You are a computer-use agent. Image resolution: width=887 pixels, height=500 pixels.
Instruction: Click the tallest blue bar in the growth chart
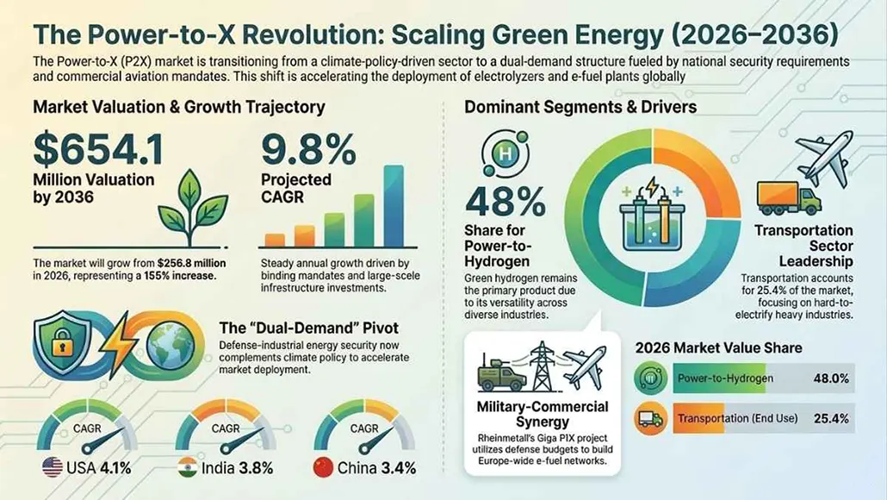click(394, 206)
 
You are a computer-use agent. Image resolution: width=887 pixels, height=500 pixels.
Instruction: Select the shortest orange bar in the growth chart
click(275, 240)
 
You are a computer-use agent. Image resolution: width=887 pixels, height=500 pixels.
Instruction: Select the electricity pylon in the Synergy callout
click(543, 366)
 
